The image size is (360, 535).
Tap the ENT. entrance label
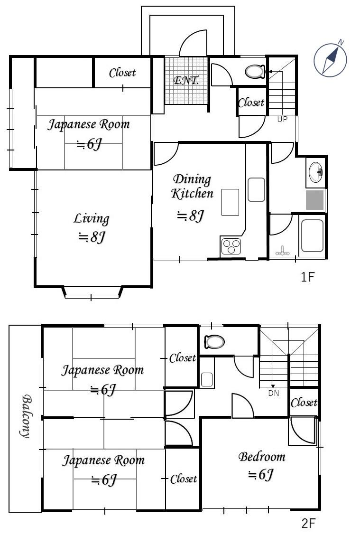[x=186, y=81]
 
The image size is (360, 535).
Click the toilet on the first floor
[x=255, y=72]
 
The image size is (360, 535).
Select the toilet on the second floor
[x=214, y=341]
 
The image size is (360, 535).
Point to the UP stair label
[x=282, y=119]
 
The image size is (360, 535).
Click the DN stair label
[x=274, y=393]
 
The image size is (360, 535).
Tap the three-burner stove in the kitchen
[x=231, y=246]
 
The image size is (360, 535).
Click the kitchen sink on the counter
[x=256, y=189]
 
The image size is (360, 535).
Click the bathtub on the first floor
[x=312, y=235]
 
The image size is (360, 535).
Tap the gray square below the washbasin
[x=314, y=200]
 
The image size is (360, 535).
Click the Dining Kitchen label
[x=192, y=186]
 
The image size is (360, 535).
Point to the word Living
[x=92, y=219]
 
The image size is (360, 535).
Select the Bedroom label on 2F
[x=262, y=457]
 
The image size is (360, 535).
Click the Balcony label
[x=26, y=416]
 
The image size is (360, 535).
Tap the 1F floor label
[x=307, y=277]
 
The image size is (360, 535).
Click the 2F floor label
[x=308, y=523]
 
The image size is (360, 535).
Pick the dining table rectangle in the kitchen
[x=230, y=202]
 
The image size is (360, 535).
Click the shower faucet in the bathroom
[x=283, y=252]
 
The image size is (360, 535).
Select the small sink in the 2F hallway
[x=207, y=379]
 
